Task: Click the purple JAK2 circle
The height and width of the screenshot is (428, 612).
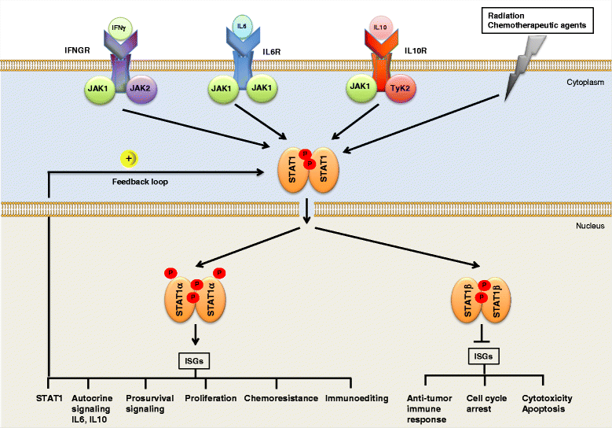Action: coord(143,86)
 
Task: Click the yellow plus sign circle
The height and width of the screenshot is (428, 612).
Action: coord(128,159)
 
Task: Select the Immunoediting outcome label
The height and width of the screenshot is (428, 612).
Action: coord(357,398)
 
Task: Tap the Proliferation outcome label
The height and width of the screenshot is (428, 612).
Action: coord(211,398)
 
